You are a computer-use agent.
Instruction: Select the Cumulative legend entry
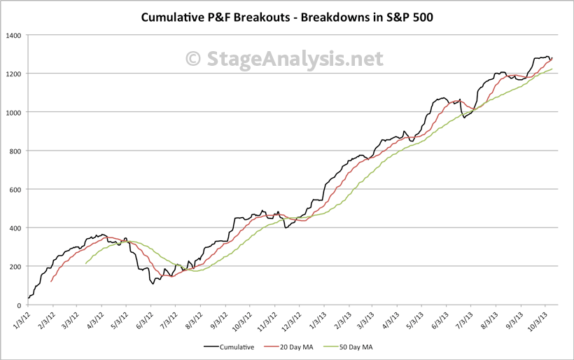pos(230,345)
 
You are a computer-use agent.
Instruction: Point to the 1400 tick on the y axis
pos(13,35)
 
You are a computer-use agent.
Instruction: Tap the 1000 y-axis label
pos(13,112)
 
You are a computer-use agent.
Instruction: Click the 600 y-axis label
pos(15,189)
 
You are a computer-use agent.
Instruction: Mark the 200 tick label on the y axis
pos(15,266)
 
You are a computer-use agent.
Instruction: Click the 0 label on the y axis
pos(20,305)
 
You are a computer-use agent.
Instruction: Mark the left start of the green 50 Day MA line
pos(85,263)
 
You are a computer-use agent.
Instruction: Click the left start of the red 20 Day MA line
pos(51,282)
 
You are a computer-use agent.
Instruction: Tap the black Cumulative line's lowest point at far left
pos(28,298)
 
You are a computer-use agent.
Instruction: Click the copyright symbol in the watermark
pos(194,59)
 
